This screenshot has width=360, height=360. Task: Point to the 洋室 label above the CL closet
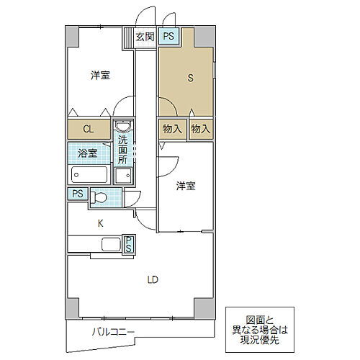[100, 75]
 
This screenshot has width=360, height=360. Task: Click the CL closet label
[87, 130]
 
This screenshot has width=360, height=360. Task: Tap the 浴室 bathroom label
[88, 153]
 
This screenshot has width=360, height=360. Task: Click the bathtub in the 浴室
[89, 174]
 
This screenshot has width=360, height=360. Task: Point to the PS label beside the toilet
[77, 194]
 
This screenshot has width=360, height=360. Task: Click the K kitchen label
[101, 223]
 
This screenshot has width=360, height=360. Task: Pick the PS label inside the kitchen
[128, 245]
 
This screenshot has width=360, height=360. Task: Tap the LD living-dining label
[153, 279]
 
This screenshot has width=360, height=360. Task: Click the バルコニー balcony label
[113, 332]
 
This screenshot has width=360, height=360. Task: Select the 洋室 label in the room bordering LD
[186, 186]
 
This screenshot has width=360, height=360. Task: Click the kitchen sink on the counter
[110, 246]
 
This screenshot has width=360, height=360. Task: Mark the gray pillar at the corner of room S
[206, 35]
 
